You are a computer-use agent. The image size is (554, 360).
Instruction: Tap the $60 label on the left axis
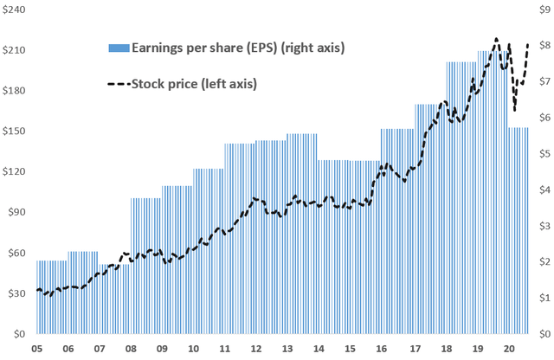[x=14, y=253]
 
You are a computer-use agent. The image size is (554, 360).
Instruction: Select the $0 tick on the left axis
[x=17, y=334]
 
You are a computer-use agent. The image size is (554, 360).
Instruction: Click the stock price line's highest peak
[x=496, y=39]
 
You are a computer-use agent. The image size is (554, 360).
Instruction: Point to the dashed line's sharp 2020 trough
[x=515, y=110]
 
